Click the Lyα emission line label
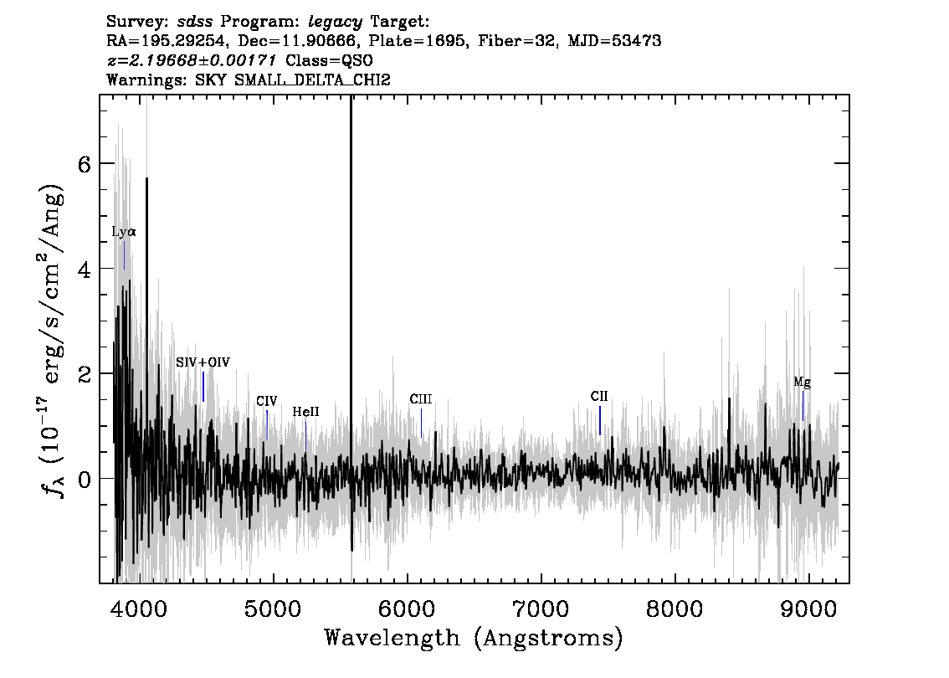[124, 232]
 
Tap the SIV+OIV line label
[203, 362]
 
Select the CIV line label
[266, 401]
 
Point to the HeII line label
[305, 413]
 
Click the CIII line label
[421, 399]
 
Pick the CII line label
[599, 397]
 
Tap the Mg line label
[802, 383]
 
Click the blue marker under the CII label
[600, 420]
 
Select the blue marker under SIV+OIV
[203, 386]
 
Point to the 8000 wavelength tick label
[675, 609]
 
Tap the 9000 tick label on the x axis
[808, 609]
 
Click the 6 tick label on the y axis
[85, 163]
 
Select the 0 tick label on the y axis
[85, 478]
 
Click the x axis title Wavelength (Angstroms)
[474, 639]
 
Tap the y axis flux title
[54, 340]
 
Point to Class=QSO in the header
[329, 60]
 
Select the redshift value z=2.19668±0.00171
[192, 60]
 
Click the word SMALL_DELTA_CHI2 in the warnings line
[312, 80]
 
